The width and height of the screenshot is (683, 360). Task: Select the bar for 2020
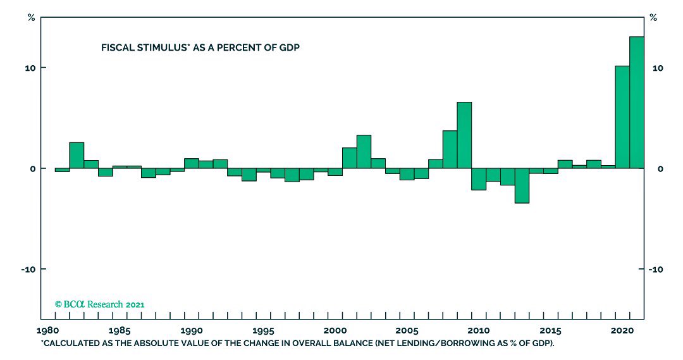click(x=622, y=117)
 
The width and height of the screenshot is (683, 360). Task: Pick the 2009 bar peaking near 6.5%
click(x=464, y=135)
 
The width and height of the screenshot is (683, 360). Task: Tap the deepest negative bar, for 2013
click(x=522, y=185)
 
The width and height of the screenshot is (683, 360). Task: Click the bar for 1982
click(x=77, y=156)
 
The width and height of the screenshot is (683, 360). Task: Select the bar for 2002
click(x=364, y=152)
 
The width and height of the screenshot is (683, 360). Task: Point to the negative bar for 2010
click(x=479, y=179)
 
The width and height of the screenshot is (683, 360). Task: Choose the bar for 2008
click(x=450, y=149)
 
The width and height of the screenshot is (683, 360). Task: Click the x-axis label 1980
click(x=48, y=330)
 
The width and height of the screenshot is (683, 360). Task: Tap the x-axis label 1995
click(x=263, y=330)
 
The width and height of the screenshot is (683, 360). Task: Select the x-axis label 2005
click(x=407, y=330)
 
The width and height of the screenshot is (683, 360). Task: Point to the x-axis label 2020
click(x=622, y=330)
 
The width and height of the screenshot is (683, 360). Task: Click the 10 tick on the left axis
click(x=30, y=68)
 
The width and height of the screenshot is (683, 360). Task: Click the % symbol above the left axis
click(x=31, y=17)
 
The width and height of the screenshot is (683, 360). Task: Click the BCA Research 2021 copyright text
click(x=100, y=304)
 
